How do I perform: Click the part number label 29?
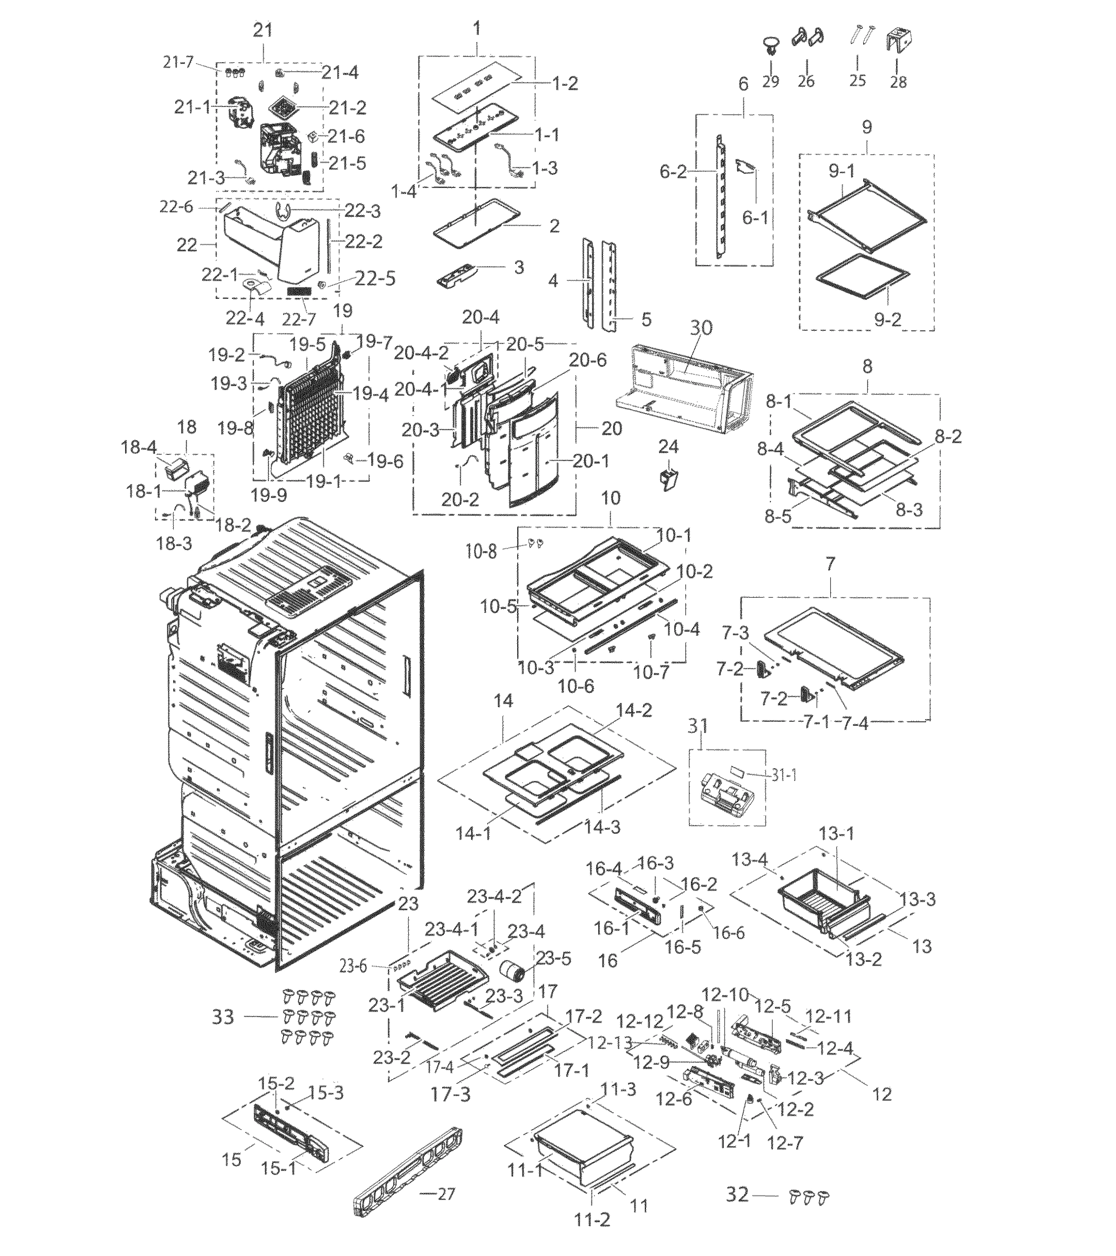coord(770,81)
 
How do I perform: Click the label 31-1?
coord(784,775)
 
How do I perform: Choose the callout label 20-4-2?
coord(421,352)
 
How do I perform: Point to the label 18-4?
coord(139,447)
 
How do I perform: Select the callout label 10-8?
coord(481,551)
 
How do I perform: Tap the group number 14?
coord(504,701)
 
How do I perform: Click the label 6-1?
coord(755,218)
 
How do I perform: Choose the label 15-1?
coord(279,1167)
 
